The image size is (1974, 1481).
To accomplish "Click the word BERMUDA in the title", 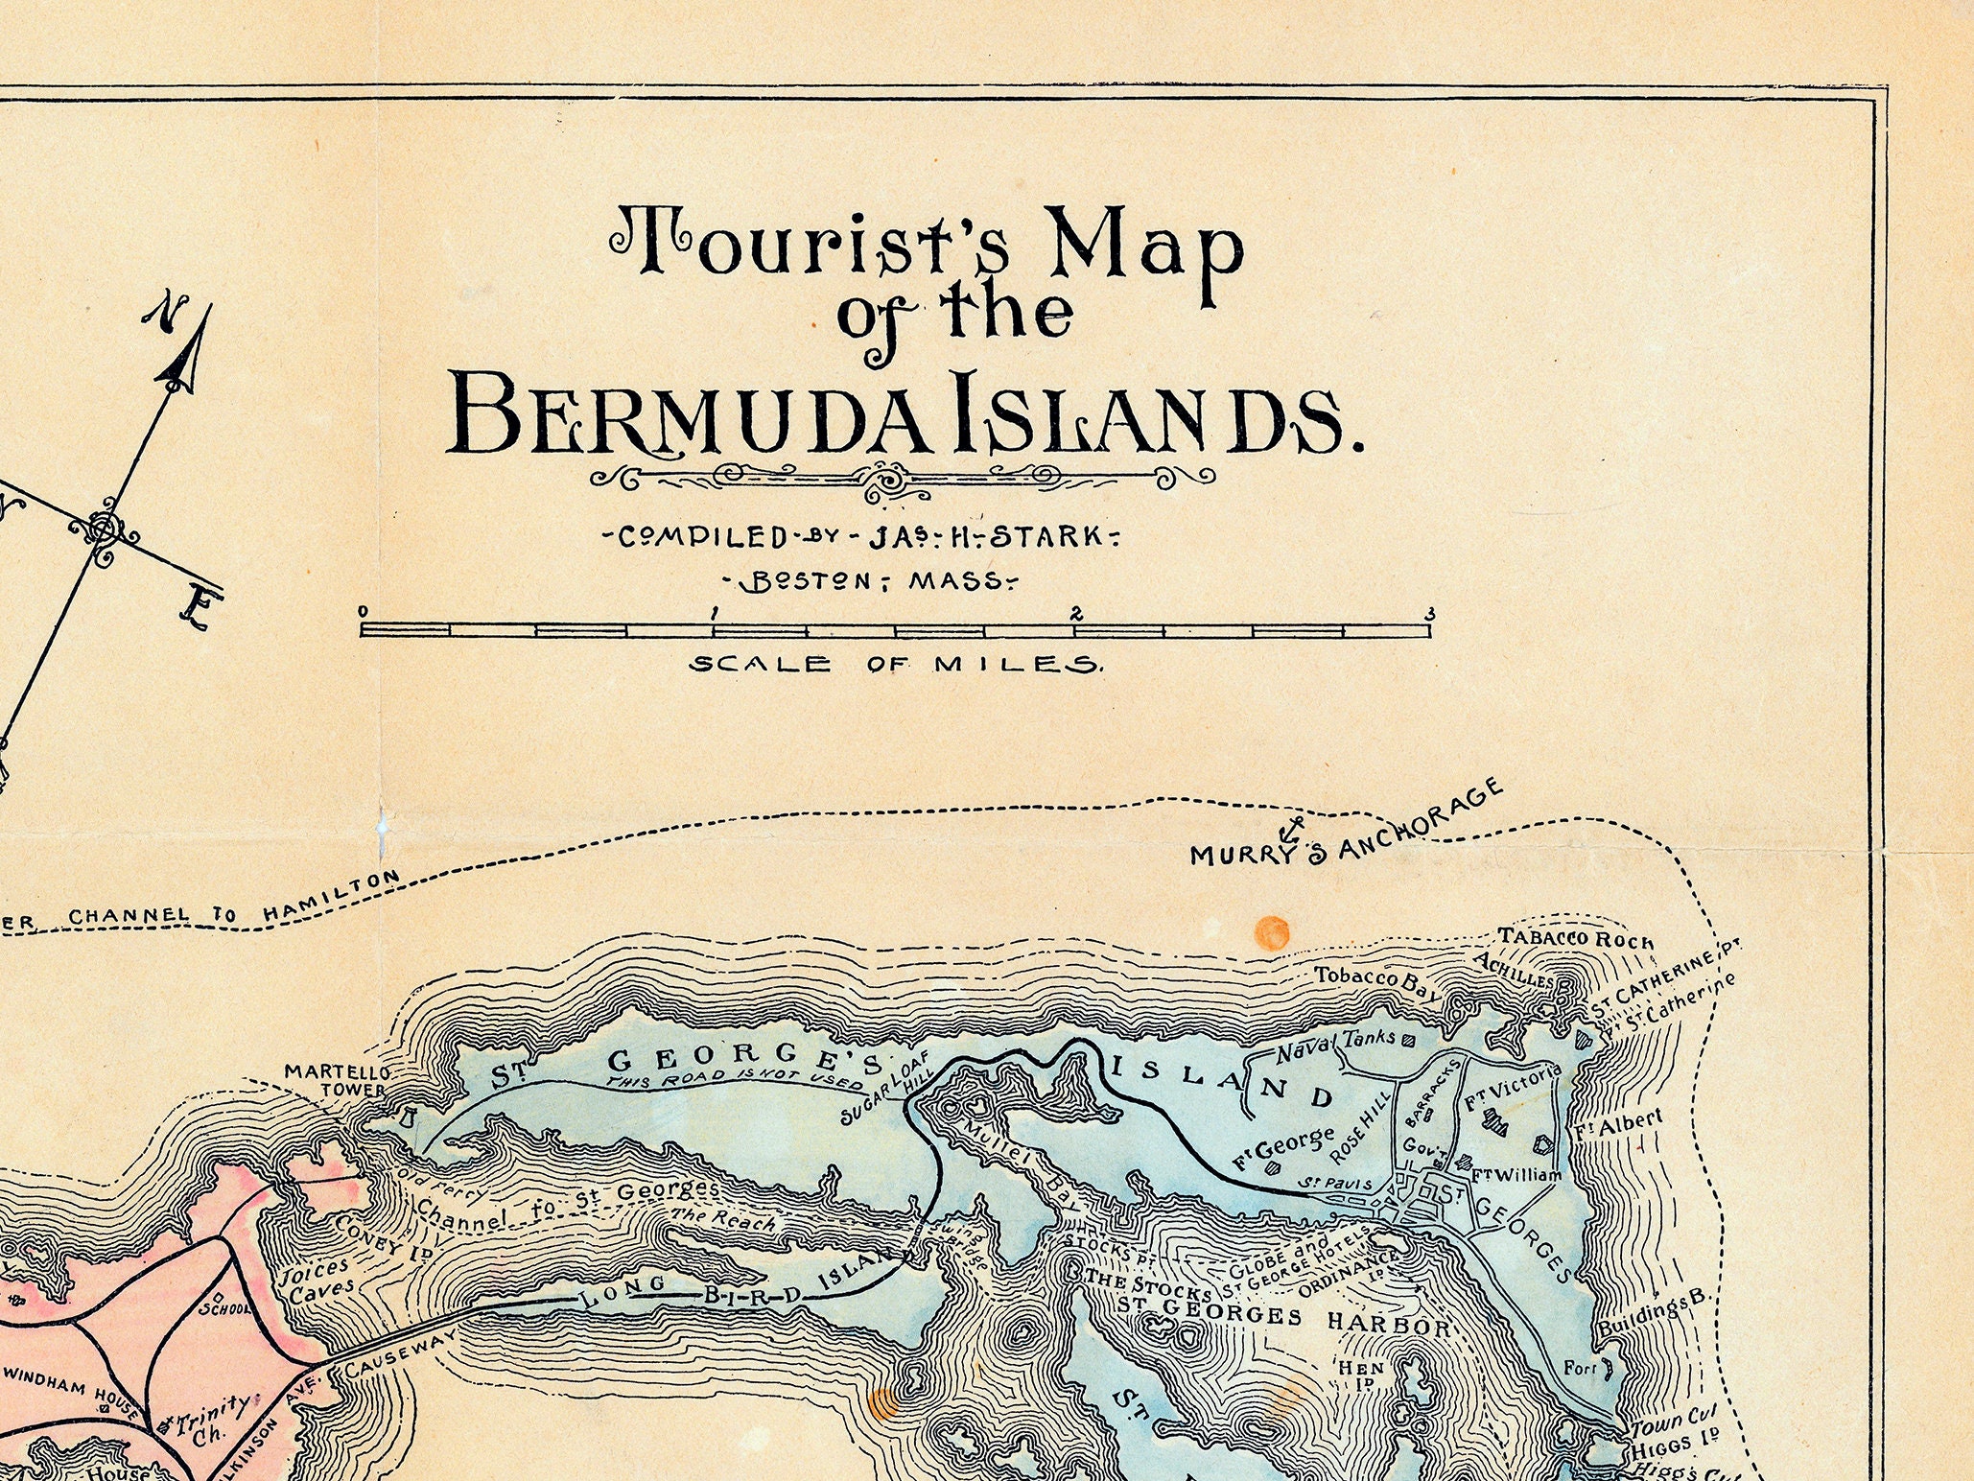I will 691,414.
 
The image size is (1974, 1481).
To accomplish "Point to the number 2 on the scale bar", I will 1076,614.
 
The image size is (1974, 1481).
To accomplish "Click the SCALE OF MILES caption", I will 896,664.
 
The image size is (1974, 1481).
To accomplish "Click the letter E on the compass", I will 200,608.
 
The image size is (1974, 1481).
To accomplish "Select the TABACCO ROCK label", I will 1576,939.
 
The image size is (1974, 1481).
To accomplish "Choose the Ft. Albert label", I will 1618,1124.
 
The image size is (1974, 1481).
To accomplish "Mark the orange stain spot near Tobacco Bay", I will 1272,932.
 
